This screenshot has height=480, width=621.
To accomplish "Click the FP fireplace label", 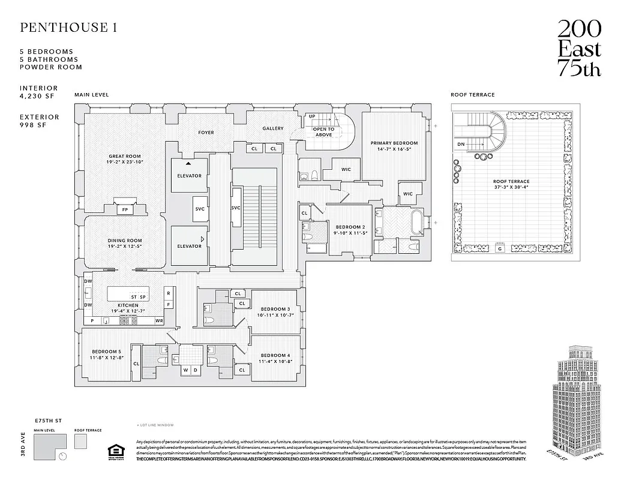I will click(125, 210).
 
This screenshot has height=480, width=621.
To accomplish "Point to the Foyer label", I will click(205, 133).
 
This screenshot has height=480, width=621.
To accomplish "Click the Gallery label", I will click(272, 128).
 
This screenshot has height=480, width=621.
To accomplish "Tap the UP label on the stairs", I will click(312, 116).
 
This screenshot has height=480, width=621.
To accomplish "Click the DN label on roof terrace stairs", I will click(460, 145).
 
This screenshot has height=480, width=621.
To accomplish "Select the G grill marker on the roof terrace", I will click(499, 248).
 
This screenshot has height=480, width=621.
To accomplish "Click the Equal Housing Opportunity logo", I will click(114, 452).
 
